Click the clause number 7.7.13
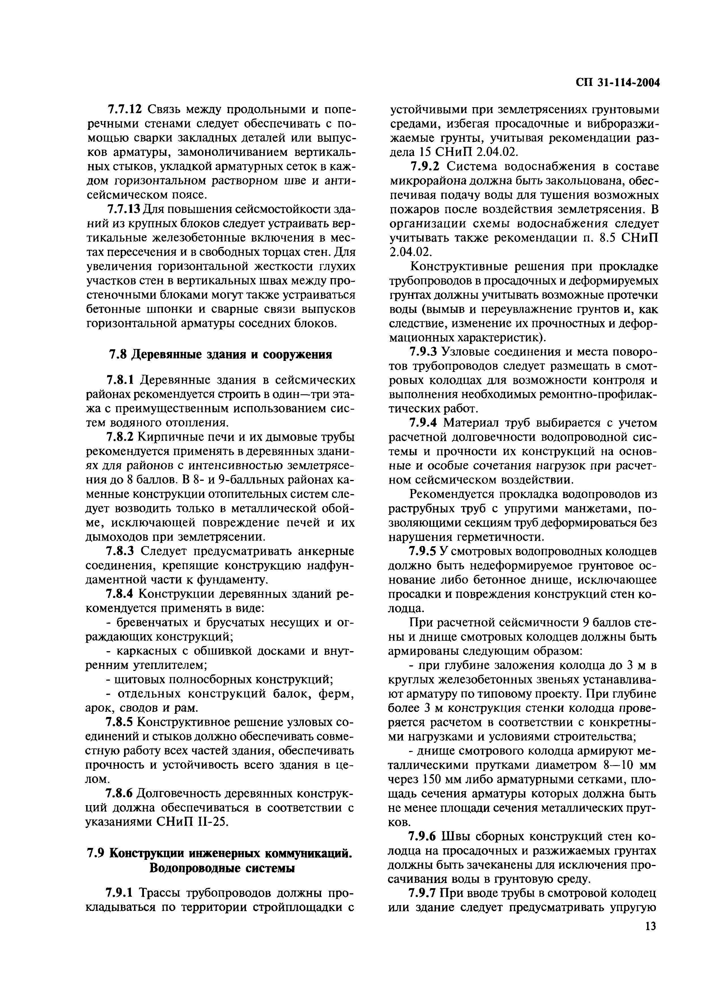pos(126,210)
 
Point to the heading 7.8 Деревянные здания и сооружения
pos(220,354)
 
